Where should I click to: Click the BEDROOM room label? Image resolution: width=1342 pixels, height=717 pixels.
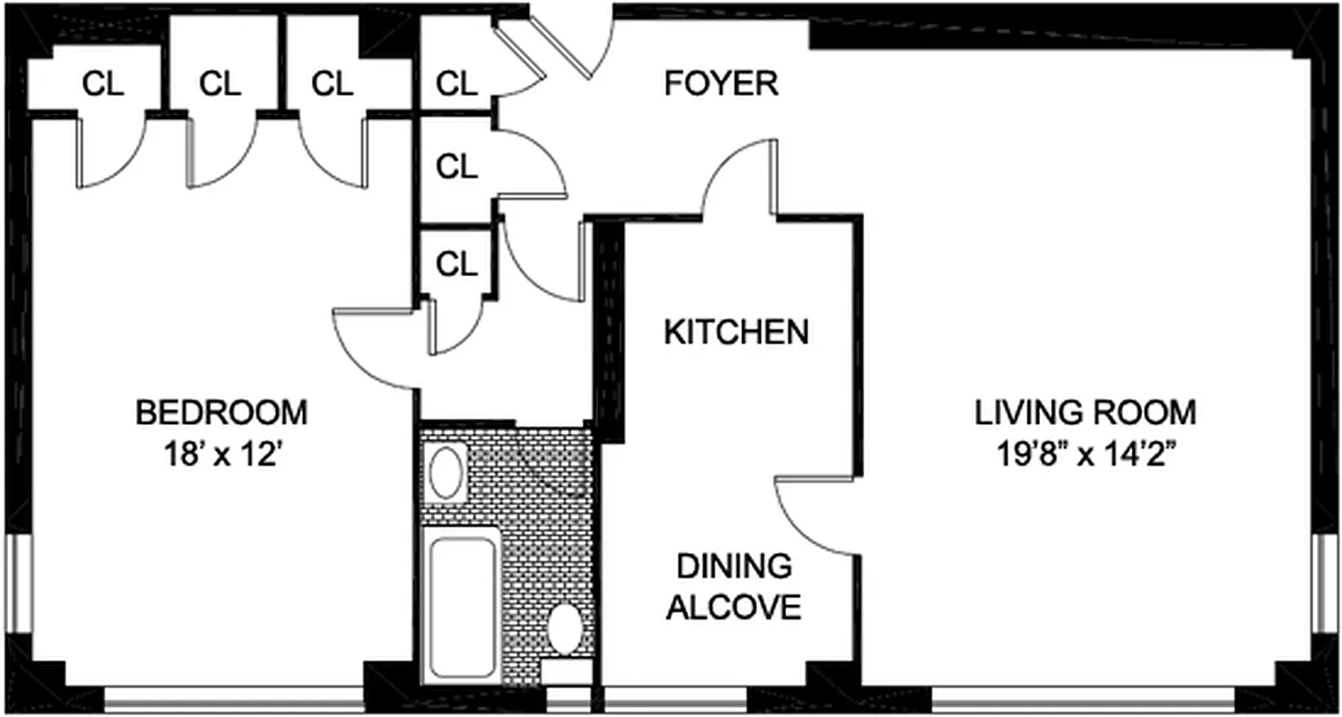pyautogui.click(x=221, y=413)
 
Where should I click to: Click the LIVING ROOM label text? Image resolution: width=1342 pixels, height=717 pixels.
pyautogui.click(x=1086, y=413)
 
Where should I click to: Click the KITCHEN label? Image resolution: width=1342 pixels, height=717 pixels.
pyautogui.click(x=736, y=333)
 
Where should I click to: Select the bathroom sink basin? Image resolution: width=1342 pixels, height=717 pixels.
pyautogui.click(x=446, y=474)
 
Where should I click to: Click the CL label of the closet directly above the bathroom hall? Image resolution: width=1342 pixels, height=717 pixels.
pyautogui.click(x=457, y=263)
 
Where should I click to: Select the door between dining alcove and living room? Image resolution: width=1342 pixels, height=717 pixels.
pyautogui.click(x=811, y=515)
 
